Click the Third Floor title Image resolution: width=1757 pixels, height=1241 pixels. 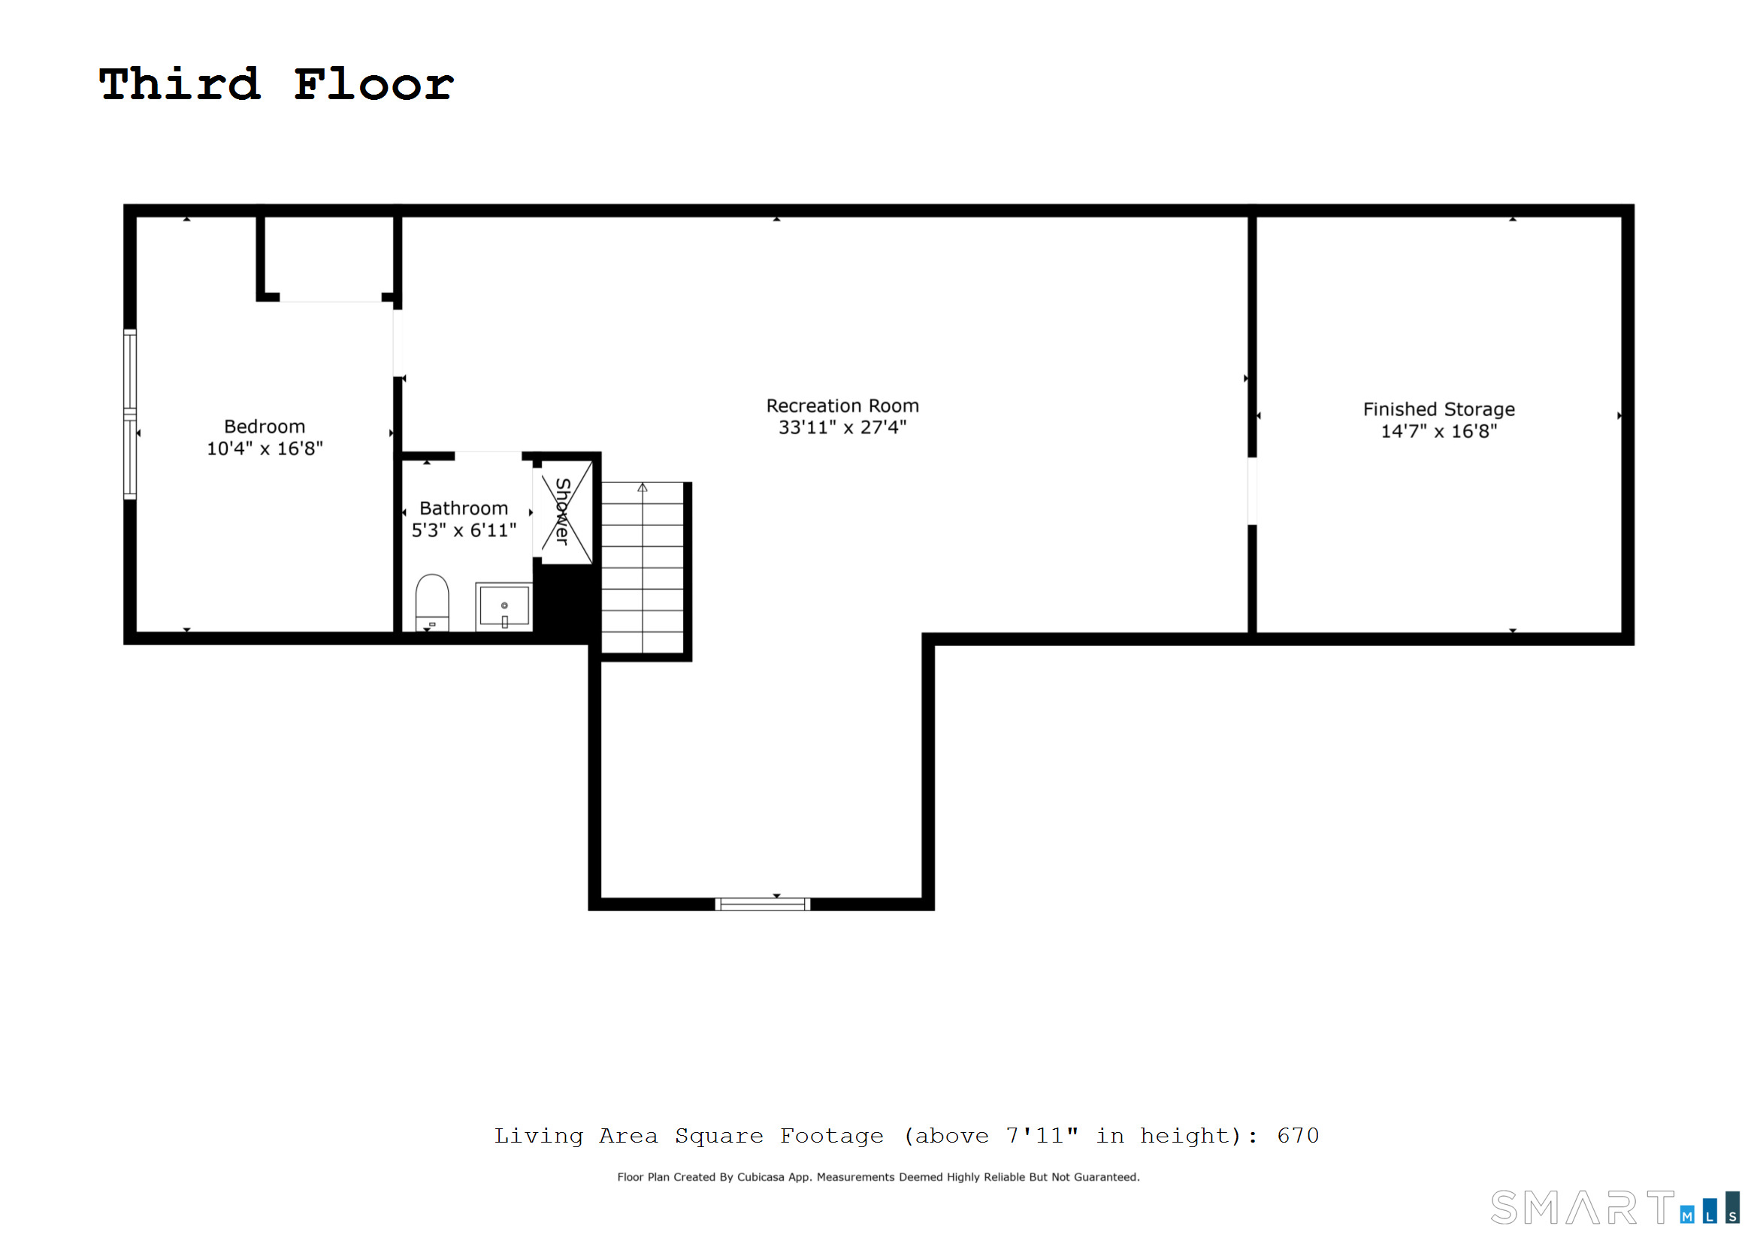click(x=277, y=84)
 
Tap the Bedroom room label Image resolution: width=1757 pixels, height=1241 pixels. click(x=264, y=427)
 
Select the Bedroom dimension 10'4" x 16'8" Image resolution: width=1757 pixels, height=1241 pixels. click(x=265, y=449)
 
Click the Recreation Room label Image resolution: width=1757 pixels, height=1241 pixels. click(x=842, y=406)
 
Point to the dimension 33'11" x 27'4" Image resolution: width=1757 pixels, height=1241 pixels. click(x=842, y=427)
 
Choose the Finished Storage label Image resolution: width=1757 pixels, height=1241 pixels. click(x=1438, y=409)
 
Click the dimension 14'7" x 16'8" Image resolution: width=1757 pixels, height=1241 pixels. click(x=1438, y=431)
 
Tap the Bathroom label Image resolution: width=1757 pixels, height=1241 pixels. click(x=464, y=509)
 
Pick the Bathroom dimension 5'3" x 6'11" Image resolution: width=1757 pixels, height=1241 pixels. click(x=464, y=530)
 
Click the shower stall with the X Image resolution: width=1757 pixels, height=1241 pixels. click(x=567, y=512)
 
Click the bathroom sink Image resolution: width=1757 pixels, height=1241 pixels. click(x=504, y=606)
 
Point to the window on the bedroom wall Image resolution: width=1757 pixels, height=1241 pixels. click(x=130, y=414)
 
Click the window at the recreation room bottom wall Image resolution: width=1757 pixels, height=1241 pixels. click(x=762, y=904)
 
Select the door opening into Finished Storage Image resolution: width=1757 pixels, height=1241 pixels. click(x=1252, y=491)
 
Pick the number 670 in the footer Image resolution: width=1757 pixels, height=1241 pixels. click(x=1298, y=1135)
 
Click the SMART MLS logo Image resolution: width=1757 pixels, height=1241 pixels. click(x=1614, y=1208)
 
